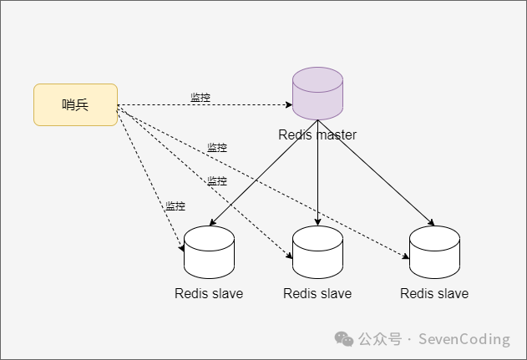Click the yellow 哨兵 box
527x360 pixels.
75,104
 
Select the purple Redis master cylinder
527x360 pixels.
317,94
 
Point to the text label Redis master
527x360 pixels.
317,134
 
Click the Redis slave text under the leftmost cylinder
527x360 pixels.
209,293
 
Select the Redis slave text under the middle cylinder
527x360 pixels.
317,293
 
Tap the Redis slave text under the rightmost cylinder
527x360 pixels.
434,293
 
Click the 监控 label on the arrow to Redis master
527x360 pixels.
200,98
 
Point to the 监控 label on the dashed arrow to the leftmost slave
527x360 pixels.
175,206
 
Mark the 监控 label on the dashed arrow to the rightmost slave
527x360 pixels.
217,148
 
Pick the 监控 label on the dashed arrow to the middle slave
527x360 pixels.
217,181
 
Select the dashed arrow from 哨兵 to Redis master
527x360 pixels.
251,106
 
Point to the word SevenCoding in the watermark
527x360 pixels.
464,339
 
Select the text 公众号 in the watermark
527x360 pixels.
380,339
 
